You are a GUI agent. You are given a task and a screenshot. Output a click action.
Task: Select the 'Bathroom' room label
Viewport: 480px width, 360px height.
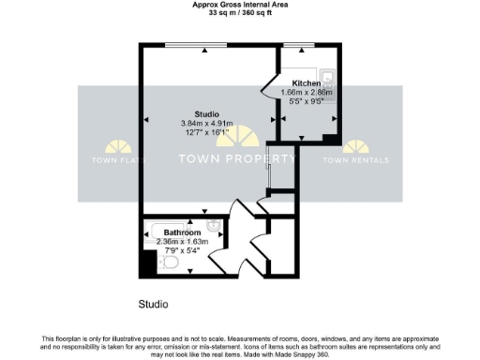pos(183,232)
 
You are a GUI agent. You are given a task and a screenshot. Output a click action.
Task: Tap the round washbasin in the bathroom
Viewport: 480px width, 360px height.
pos(214,225)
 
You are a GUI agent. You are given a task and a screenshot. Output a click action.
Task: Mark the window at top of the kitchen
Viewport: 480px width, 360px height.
pos(300,46)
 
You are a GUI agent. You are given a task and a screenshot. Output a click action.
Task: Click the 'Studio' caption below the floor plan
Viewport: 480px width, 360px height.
pos(153,305)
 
